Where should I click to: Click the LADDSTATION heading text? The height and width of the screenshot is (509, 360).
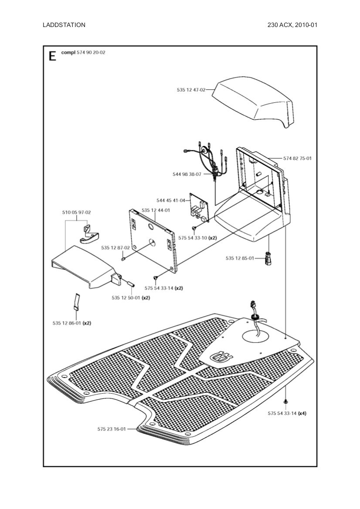click(64, 25)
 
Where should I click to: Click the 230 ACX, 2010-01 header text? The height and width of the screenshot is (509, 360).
click(292, 25)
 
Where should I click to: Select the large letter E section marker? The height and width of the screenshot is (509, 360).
click(52, 56)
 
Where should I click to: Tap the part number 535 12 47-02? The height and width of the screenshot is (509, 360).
click(191, 90)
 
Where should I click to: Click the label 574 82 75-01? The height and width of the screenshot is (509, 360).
click(297, 158)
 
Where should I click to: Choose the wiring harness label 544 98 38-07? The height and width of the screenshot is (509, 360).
click(187, 174)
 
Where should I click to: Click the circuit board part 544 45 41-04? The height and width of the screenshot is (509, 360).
click(199, 208)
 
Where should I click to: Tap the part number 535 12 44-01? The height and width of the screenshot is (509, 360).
click(156, 210)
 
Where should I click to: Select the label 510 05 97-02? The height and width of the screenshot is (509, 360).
click(76, 212)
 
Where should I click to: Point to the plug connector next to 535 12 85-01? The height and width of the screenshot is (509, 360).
click(268, 259)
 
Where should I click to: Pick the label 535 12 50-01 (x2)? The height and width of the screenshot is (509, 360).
click(131, 298)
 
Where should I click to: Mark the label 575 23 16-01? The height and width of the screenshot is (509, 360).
click(112, 429)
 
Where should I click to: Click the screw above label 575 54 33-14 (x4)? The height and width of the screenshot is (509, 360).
click(285, 401)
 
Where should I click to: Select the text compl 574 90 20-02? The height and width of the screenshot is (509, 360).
click(83, 52)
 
